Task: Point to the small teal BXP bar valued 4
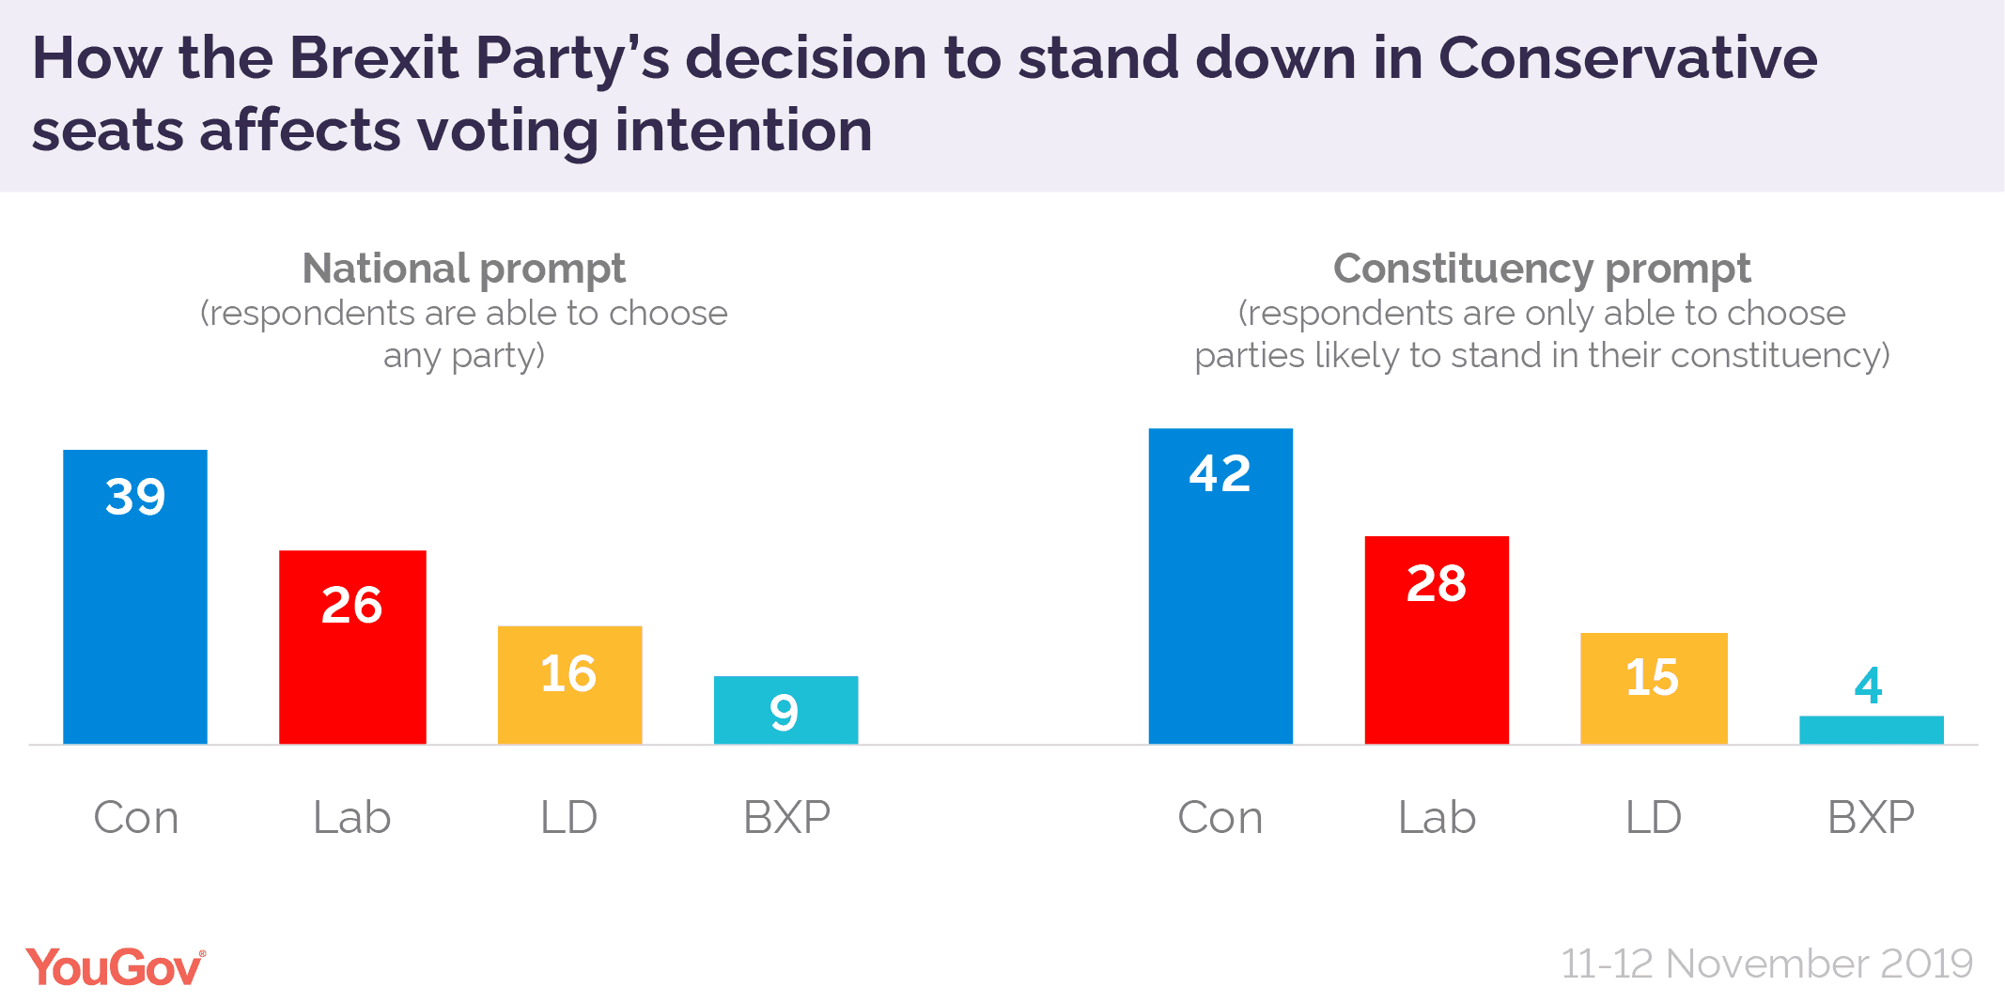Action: pyautogui.click(x=1871, y=731)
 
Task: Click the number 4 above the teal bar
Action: pyautogui.click(x=1869, y=686)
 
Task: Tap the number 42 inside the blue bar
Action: pyautogui.click(x=1220, y=473)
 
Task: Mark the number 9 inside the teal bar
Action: pyautogui.click(x=785, y=713)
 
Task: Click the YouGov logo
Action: pyautogui.click(x=115, y=967)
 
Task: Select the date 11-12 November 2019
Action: pyautogui.click(x=1766, y=964)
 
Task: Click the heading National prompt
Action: pyautogui.click(x=463, y=269)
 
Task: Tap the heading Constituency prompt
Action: pyautogui.click(x=1542, y=269)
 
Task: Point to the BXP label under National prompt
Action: pyautogui.click(x=787, y=817)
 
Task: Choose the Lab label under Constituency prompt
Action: pyautogui.click(x=1437, y=817)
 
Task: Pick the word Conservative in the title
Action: pyautogui.click(x=1627, y=58)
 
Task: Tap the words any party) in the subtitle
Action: pyautogui.click(x=463, y=356)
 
